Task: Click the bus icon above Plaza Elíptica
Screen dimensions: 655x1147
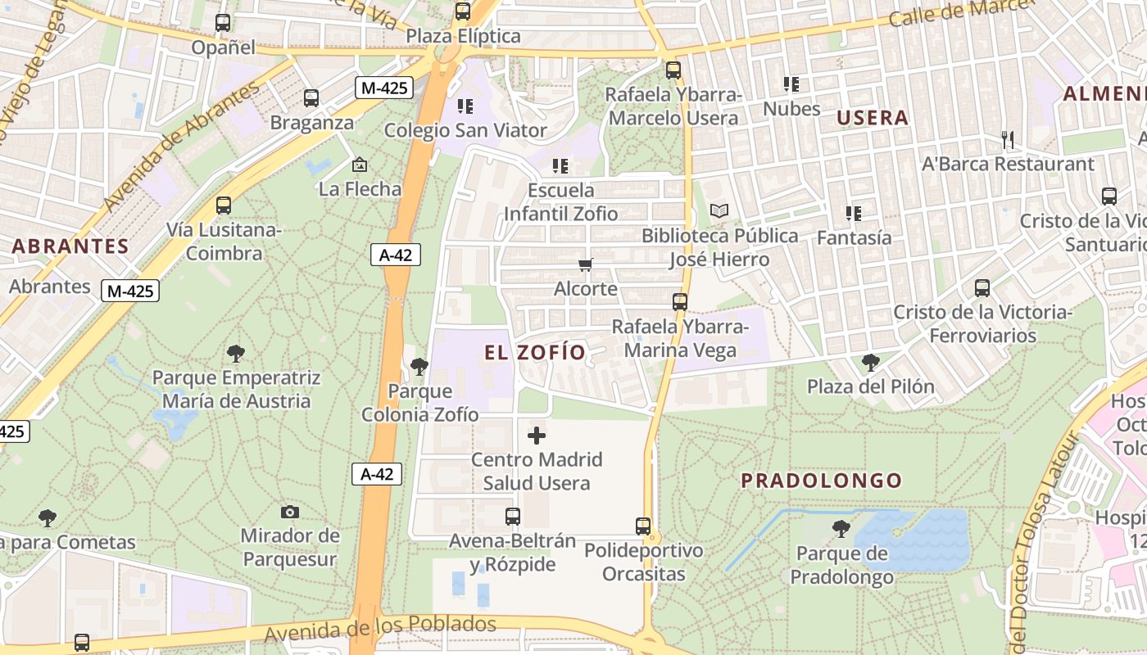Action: (x=463, y=11)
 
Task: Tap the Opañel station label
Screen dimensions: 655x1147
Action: (x=224, y=47)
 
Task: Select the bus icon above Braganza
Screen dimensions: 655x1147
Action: (x=311, y=98)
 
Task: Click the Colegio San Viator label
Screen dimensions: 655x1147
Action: (x=465, y=130)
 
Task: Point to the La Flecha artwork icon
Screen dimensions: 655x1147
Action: (x=360, y=165)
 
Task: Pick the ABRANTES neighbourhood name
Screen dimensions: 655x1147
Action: (x=70, y=246)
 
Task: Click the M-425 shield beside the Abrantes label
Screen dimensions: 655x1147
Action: (x=130, y=290)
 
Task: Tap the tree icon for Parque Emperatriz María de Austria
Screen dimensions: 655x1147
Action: (x=236, y=354)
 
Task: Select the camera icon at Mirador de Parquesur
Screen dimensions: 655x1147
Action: (x=289, y=512)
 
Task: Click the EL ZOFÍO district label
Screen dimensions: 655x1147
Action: (x=535, y=353)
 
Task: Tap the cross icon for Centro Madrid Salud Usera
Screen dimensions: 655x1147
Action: (x=537, y=435)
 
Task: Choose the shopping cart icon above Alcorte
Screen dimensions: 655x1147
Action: (x=585, y=264)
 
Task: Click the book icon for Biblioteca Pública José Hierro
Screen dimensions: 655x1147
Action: (x=719, y=211)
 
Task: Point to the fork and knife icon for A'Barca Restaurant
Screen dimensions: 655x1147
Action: (x=1008, y=140)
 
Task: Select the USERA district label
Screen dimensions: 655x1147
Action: (x=873, y=118)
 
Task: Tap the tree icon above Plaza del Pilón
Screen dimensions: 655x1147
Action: (x=871, y=362)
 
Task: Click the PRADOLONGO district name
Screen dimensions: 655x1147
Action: (x=822, y=481)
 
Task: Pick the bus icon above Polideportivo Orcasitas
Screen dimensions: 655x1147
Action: (x=643, y=526)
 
